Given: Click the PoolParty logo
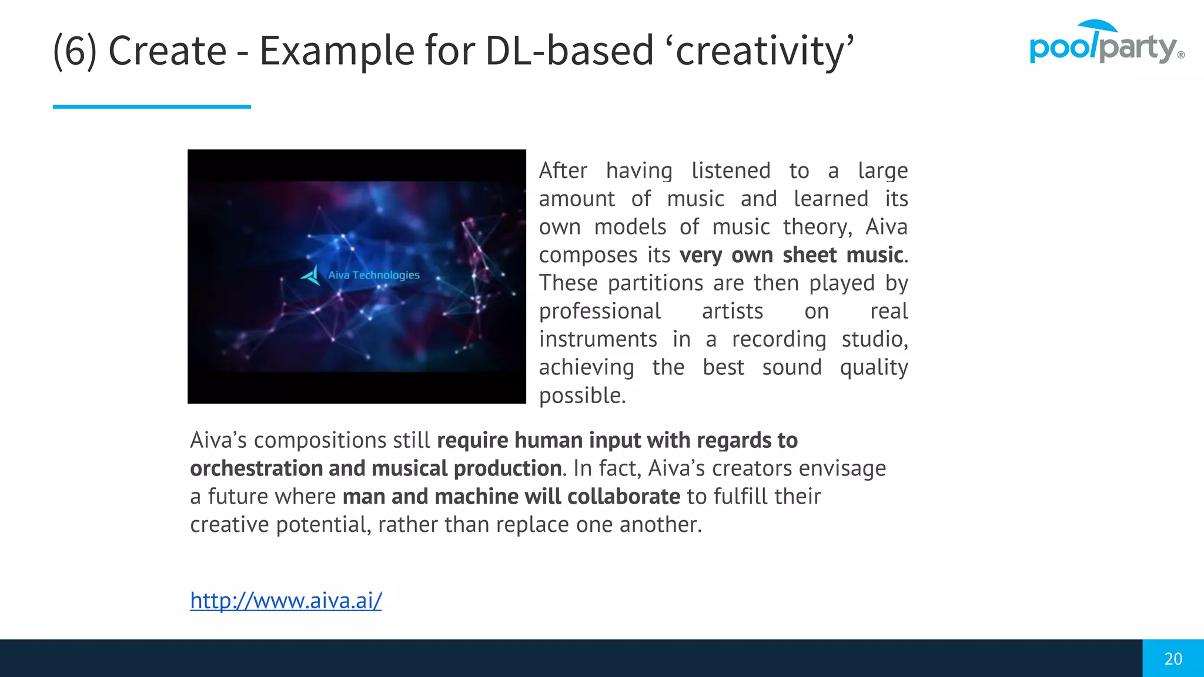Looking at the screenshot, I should pyautogui.click(x=1105, y=43).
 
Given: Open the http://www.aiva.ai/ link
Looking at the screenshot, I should pyautogui.click(x=286, y=601).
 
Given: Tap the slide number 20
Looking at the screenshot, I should pyautogui.click(x=1173, y=659).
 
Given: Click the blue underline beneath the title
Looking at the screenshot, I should pyautogui.click(x=152, y=106).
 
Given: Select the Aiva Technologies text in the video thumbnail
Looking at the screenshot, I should pyautogui.click(x=374, y=275).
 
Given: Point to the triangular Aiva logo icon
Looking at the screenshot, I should pyautogui.click(x=311, y=275).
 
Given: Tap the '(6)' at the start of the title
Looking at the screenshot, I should pyautogui.click(x=75, y=51).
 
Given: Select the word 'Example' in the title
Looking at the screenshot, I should pyautogui.click(x=337, y=51).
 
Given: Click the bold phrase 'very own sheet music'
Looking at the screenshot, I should pyautogui.click(x=791, y=255).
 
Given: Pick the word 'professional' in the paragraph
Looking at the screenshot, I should pyautogui.click(x=600, y=311).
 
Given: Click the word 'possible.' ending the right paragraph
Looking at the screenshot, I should pyautogui.click(x=582, y=396).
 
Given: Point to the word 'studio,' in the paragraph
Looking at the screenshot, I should pyautogui.click(x=875, y=339).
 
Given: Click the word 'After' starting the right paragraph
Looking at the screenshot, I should pyautogui.click(x=563, y=170).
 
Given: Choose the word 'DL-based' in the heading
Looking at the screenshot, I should pyautogui.click(x=569, y=51).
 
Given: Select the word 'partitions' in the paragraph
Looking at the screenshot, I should pyautogui.click(x=655, y=283).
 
